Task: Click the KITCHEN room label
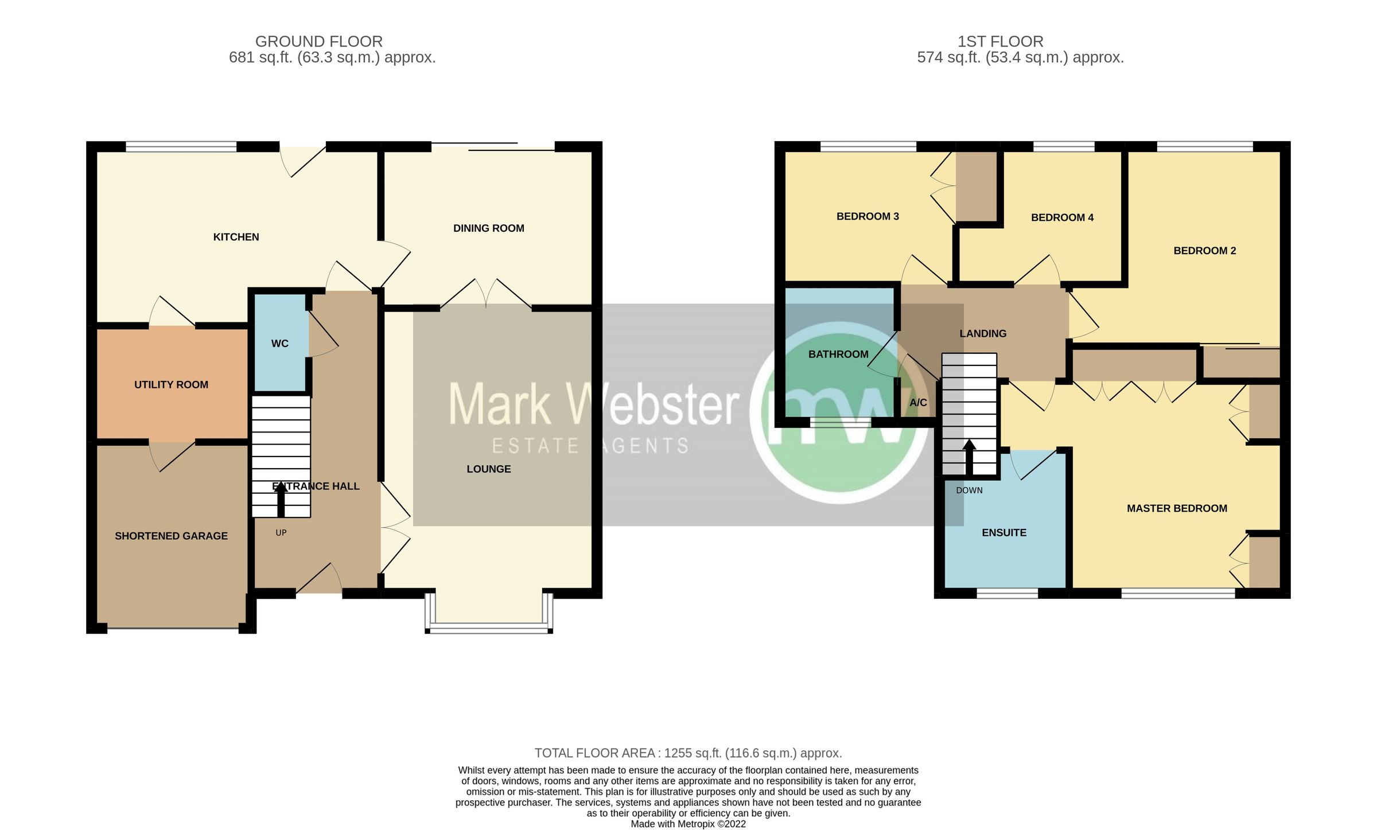236,237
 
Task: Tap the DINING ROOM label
488,228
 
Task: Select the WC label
279,344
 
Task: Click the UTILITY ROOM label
171,385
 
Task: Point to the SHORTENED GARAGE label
171,536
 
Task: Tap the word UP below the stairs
281,533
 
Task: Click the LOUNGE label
488,469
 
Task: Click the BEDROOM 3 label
868,216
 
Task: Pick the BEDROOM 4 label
1062,217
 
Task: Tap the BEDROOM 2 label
1204,251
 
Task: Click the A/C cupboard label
918,403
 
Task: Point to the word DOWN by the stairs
969,490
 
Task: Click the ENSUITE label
1003,533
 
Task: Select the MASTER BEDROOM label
1177,508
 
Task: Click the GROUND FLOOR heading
318,41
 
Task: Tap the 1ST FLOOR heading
1000,41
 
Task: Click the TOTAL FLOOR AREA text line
688,753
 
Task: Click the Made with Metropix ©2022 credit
688,824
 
